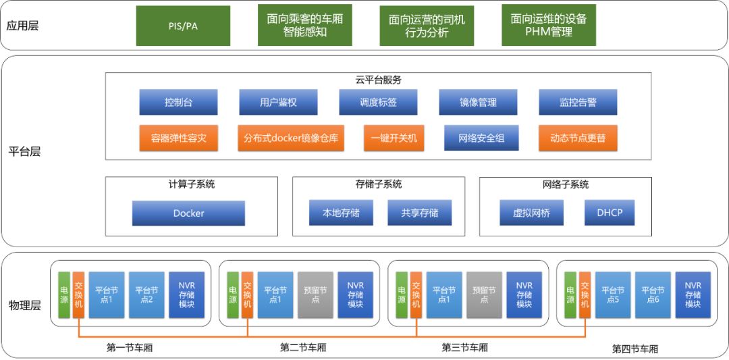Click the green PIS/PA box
[x=183, y=26]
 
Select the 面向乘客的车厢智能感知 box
[x=304, y=26]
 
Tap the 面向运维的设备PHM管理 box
[x=548, y=26]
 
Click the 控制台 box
[x=178, y=102]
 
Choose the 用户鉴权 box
[x=278, y=102]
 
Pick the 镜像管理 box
[x=478, y=102]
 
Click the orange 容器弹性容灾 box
[x=178, y=138]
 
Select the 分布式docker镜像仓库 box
[x=290, y=138]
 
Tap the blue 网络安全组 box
[x=481, y=138]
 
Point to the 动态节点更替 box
[x=578, y=138]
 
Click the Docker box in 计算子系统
[x=188, y=213]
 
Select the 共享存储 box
[x=419, y=213]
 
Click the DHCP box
[x=610, y=213]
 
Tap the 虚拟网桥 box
[x=531, y=213]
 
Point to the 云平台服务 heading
[x=378, y=80]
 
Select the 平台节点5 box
[x=612, y=294]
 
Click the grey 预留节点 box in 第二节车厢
[x=315, y=294]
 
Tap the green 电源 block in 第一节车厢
[x=64, y=294]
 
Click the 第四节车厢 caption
[x=634, y=349]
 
